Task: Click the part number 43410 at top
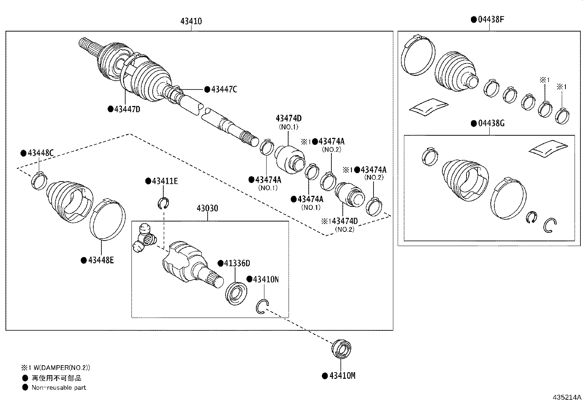(x=191, y=21)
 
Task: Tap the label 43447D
(x=127, y=109)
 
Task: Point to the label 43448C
(x=40, y=153)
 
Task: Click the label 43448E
(x=100, y=260)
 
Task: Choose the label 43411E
(x=164, y=181)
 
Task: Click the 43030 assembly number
(x=207, y=208)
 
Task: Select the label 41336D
(x=237, y=263)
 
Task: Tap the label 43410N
(x=265, y=279)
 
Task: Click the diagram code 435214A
(x=567, y=397)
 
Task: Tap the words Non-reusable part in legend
(x=59, y=388)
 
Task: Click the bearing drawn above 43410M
(x=341, y=349)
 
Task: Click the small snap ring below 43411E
(x=164, y=202)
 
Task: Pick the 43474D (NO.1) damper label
(x=289, y=118)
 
